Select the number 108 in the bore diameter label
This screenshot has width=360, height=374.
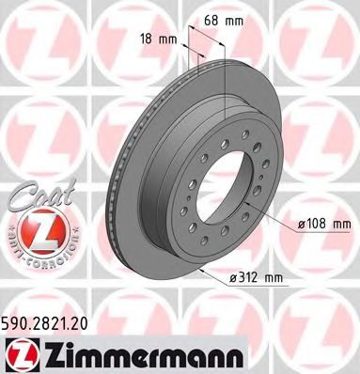point(317,226)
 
